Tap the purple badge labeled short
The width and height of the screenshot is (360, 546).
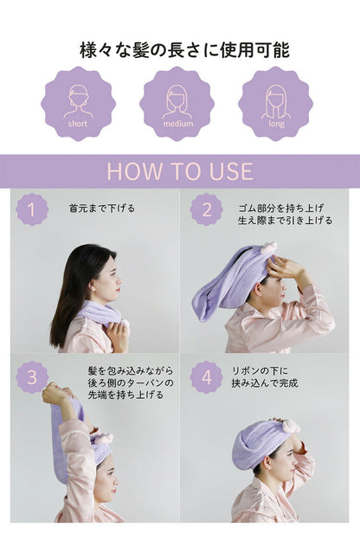[78, 104]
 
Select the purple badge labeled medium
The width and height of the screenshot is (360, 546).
[177, 104]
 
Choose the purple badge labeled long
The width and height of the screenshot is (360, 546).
[276, 104]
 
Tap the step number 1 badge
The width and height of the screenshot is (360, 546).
[32, 209]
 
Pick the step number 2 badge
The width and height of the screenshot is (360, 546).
[206, 209]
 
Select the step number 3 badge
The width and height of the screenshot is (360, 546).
[32, 377]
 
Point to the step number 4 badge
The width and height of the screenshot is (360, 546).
[206, 377]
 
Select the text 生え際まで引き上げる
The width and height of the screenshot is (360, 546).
[285, 222]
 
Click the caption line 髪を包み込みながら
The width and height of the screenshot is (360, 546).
[130, 369]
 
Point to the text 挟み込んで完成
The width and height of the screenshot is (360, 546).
[265, 382]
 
